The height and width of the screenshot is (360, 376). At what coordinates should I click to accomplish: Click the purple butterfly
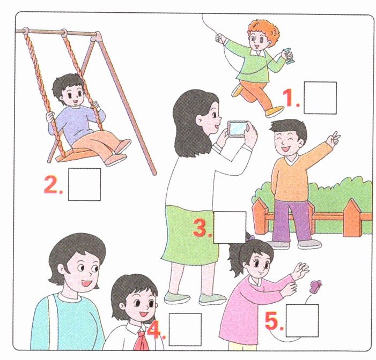pos(315,287)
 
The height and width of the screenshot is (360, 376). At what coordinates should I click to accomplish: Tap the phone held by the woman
pos(237,129)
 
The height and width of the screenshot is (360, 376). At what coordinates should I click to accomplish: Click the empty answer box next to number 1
pos(320,97)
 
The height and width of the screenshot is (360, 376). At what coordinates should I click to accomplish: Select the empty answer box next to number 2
pos(84,184)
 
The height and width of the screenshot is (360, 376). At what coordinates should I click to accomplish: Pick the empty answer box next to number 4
pos(185,329)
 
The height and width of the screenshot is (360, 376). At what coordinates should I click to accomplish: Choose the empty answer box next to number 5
pos(302,320)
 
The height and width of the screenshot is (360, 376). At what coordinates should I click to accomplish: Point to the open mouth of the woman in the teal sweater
pos(87,283)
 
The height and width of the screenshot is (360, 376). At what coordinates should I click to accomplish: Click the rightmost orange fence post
pos(352,217)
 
